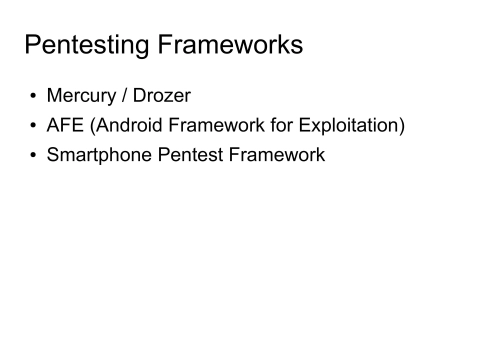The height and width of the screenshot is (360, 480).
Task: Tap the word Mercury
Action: point(83,97)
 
